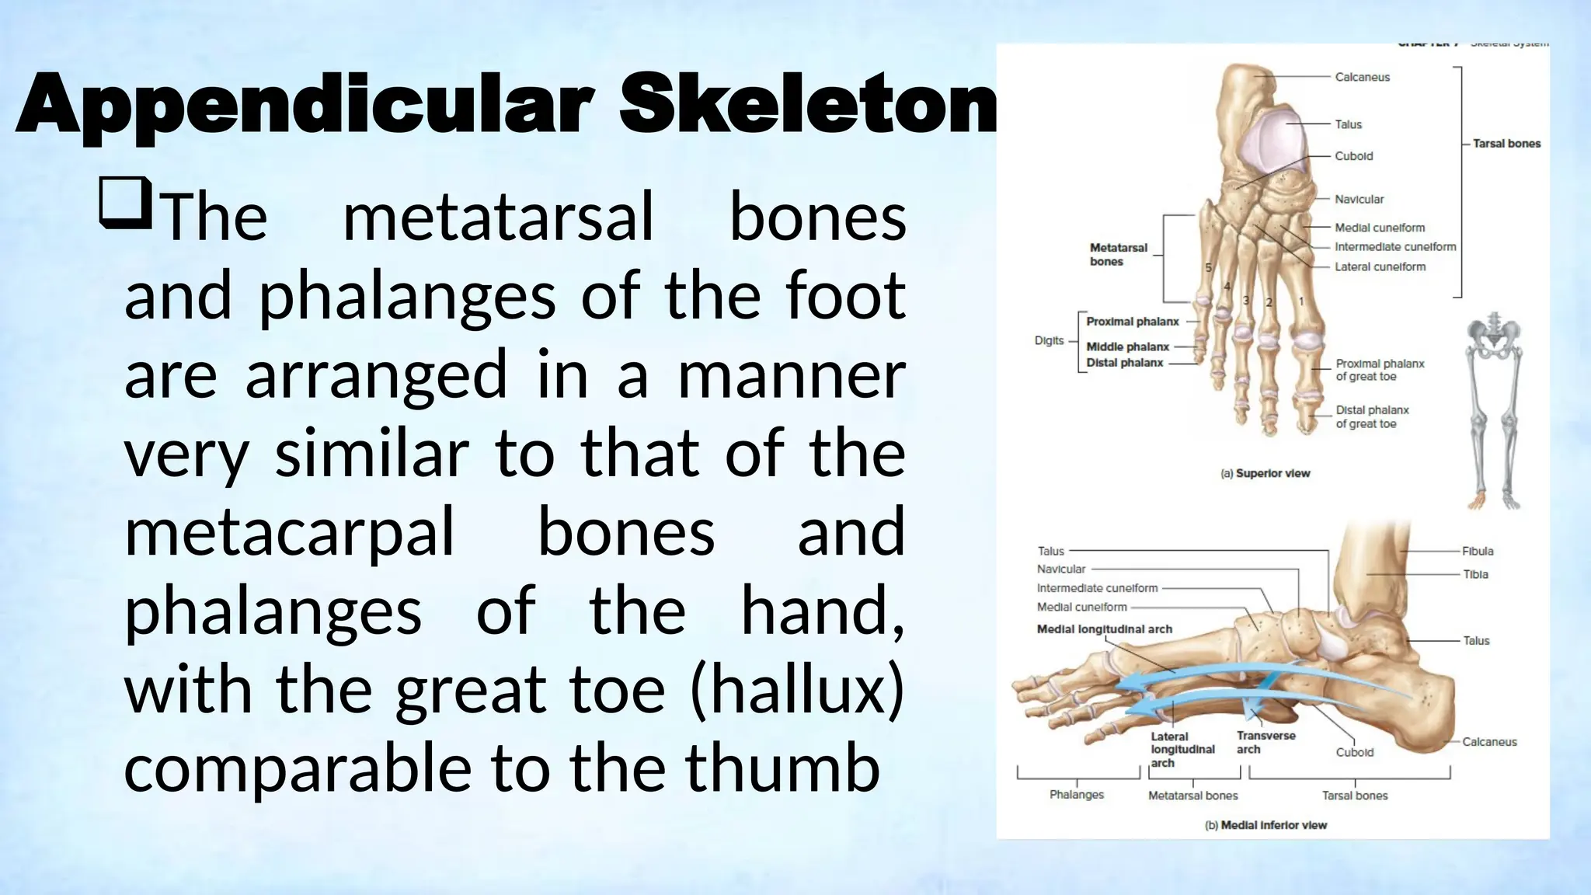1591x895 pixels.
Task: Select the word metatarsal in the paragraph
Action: [x=498, y=217]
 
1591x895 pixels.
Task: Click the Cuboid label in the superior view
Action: [x=1353, y=156]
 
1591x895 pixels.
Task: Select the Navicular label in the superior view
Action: [x=1359, y=200]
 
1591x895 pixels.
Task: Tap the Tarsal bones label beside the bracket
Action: [x=1506, y=144]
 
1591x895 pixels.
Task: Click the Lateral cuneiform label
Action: [x=1380, y=266]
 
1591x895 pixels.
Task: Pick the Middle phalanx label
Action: [x=1127, y=347]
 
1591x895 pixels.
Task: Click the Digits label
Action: [x=1049, y=340]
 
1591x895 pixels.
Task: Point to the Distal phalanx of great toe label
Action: [x=1371, y=417]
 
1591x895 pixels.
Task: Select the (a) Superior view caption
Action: [x=1265, y=473]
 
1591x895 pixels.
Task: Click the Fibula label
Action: [x=1477, y=551]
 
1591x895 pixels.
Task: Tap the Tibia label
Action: [x=1475, y=574]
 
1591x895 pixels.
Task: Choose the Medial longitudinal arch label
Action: [x=1104, y=629]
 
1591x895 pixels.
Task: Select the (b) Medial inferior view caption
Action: [x=1265, y=825]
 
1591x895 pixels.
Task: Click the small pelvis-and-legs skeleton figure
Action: [x=1493, y=412]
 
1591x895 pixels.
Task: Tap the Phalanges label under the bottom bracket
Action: [x=1076, y=795]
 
